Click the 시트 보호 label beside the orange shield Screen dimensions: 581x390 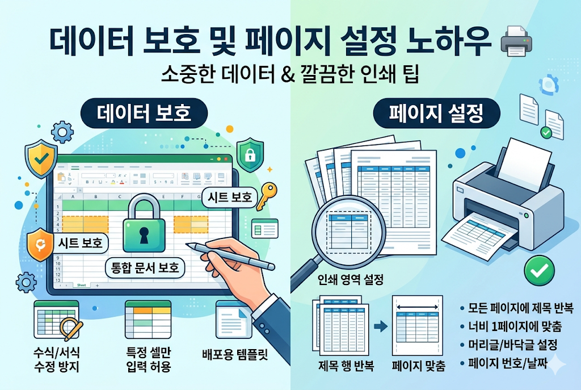[80, 243]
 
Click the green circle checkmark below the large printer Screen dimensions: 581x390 [535, 272]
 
